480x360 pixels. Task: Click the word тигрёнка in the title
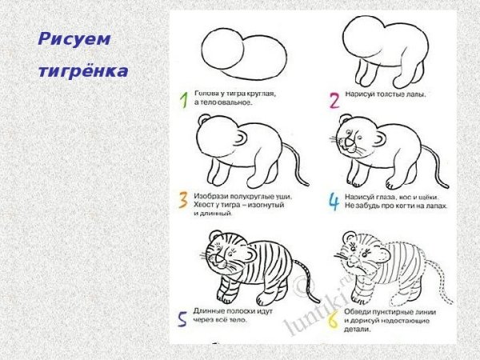[x=83, y=72]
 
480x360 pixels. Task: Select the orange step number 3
[x=184, y=200]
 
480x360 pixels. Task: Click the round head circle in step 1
[x=221, y=51]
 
